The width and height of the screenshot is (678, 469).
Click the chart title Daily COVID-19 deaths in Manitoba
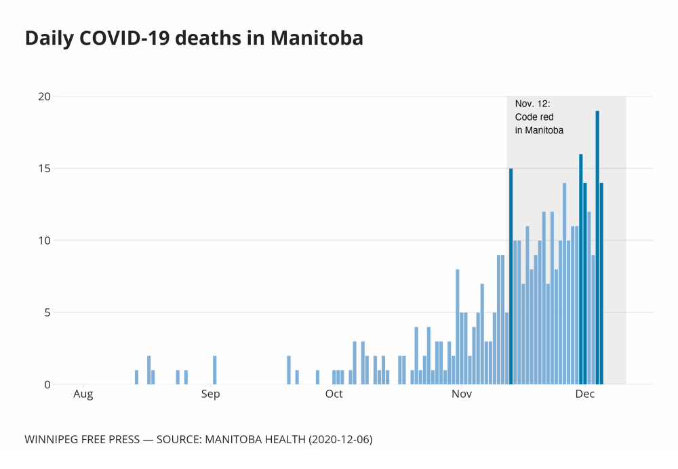194,39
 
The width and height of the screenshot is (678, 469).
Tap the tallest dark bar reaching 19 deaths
597,247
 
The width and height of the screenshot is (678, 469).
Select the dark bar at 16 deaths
581,269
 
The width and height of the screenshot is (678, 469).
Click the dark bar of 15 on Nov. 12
511,277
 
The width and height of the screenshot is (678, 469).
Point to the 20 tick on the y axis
44,96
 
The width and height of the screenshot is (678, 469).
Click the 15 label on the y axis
44,168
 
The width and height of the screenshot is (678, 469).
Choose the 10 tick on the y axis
44,241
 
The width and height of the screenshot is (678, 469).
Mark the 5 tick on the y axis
47,312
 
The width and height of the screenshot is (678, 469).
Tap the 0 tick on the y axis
47,384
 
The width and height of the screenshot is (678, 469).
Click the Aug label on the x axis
83,394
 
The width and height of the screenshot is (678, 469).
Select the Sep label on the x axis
210,394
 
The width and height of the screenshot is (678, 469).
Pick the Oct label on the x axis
334,394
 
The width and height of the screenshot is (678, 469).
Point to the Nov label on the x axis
461,394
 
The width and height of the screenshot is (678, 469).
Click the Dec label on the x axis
584,394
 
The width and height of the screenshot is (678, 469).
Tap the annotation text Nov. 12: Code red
534,110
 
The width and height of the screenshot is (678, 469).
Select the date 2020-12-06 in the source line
340,440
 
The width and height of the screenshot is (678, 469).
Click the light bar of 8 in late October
458,327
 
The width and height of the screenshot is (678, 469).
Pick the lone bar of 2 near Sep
214,370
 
